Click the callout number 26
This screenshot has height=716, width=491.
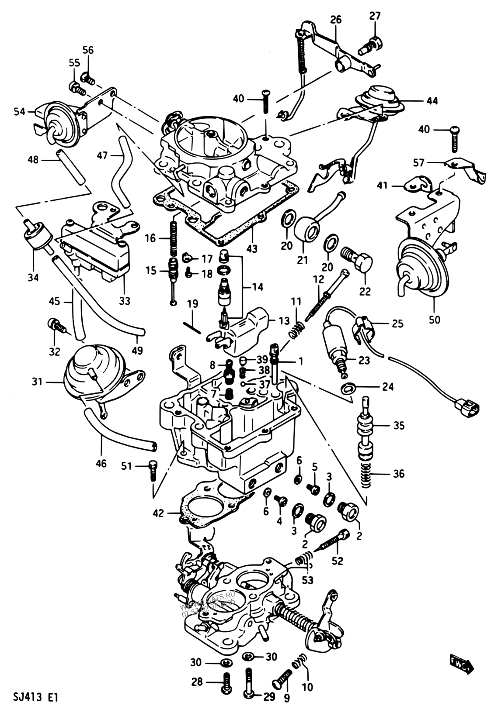(x=336, y=20)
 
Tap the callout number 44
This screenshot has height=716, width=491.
(x=432, y=101)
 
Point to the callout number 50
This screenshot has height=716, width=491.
(x=434, y=320)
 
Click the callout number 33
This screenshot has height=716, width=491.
(x=125, y=301)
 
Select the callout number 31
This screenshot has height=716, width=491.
(x=37, y=382)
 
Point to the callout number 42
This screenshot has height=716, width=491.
(x=158, y=513)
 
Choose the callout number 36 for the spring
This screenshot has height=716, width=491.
(x=398, y=474)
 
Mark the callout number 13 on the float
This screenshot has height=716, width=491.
(x=284, y=321)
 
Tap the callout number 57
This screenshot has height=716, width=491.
(x=419, y=163)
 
